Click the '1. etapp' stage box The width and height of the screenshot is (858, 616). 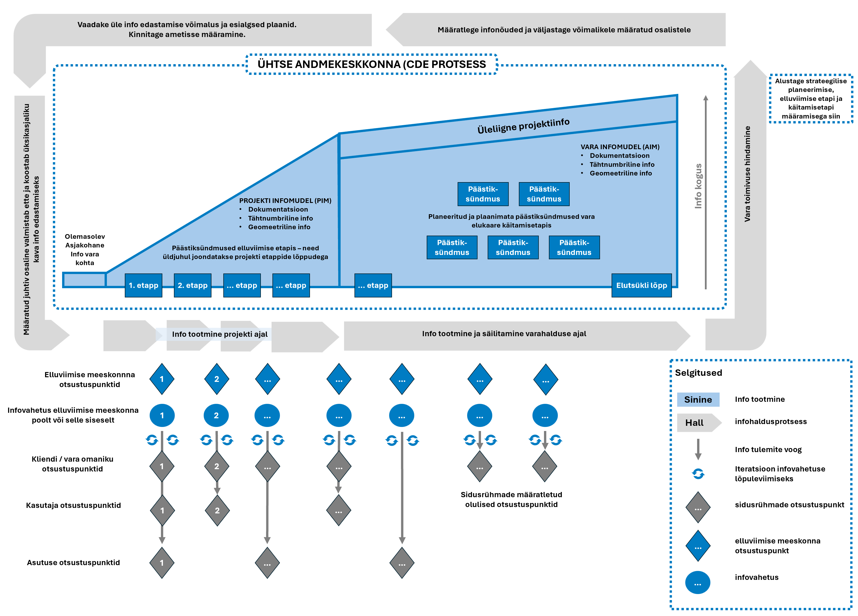pyautogui.click(x=143, y=286)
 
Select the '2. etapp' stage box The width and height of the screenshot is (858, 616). pyautogui.click(x=193, y=286)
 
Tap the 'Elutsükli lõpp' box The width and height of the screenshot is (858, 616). pyautogui.click(x=641, y=286)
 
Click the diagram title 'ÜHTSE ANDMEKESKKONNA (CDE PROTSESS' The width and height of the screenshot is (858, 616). pyautogui.click(x=372, y=64)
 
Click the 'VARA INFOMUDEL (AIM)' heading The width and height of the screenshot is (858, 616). pyautogui.click(x=620, y=147)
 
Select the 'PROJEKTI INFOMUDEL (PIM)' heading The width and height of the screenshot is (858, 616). pyautogui.click(x=285, y=201)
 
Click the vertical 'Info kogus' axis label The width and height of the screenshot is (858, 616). pyautogui.click(x=698, y=186)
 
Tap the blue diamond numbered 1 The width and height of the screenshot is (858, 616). pyautogui.click(x=162, y=379)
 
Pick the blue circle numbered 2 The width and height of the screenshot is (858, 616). pyautogui.click(x=216, y=415)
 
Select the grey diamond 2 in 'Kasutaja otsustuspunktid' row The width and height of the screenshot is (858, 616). pyautogui.click(x=217, y=510)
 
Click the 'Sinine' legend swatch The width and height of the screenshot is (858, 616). pyautogui.click(x=698, y=399)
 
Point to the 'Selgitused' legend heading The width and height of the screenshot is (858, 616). pyautogui.click(x=698, y=373)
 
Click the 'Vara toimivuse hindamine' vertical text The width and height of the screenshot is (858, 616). pyautogui.click(x=747, y=174)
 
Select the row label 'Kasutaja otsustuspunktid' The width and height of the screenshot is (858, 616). pyautogui.click(x=73, y=506)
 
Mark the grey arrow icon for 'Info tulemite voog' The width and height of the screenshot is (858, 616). pyautogui.click(x=698, y=449)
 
